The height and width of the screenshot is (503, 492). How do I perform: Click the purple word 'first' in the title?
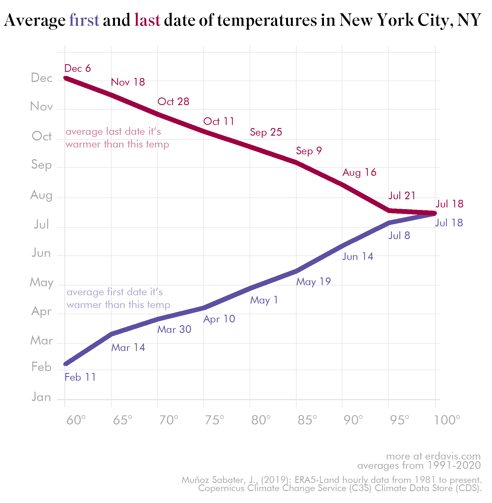(x=84, y=20)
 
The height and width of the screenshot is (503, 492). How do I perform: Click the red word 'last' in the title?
(x=147, y=20)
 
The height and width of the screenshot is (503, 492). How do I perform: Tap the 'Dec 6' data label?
(x=77, y=68)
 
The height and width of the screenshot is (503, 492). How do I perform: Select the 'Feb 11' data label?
(x=80, y=377)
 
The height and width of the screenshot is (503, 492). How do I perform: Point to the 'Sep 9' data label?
(x=309, y=151)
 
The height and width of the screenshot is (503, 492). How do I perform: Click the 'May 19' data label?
(x=314, y=282)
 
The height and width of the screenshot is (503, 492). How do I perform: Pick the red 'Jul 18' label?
(x=449, y=204)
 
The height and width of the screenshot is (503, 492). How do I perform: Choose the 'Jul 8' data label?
(x=399, y=235)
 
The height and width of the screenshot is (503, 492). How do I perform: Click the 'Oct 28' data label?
(x=173, y=102)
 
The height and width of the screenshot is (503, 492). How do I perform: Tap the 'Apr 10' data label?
(x=219, y=319)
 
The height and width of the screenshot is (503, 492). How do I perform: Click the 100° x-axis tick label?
(x=447, y=420)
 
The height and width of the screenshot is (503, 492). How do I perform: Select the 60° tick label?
(x=76, y=420)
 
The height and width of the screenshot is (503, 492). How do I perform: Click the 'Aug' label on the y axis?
(x=41, y=195)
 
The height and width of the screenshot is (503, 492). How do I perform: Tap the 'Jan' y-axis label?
(x=41, y=397)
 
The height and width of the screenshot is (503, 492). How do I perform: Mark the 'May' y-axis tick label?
(x=42, y=282)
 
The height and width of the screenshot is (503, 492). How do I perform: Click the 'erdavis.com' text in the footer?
(x=453, y=456)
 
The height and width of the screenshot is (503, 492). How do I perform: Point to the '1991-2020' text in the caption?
(x=454, y=465)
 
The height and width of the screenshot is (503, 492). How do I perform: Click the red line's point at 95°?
(x=389, y=211)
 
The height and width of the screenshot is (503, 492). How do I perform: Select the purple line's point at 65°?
(x=112, y=334)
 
